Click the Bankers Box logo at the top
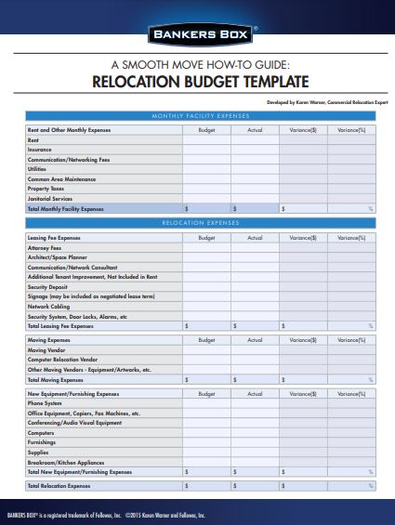196,34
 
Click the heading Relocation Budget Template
197,81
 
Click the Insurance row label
40,150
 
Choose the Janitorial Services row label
50,199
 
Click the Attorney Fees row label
45,248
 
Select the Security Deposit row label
48,287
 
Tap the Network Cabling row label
48,307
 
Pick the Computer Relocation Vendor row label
63,360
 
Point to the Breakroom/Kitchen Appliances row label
66,462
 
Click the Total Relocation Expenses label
59,486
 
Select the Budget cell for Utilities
205,169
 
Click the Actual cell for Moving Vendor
254,350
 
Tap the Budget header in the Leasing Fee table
205,238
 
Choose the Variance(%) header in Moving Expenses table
351,340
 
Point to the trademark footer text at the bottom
103,514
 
